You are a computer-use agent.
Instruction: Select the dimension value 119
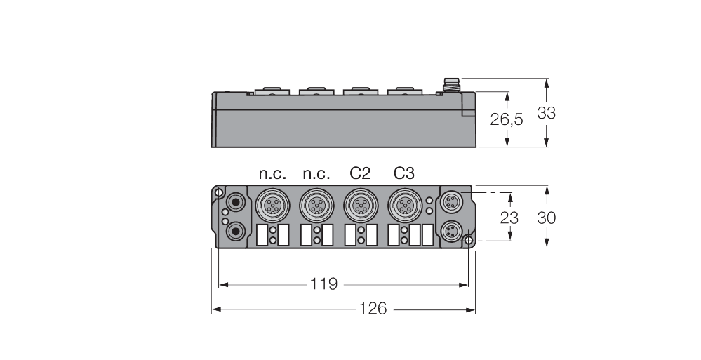click(x=324, y=284)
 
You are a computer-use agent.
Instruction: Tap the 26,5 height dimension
click(x=506, y=119)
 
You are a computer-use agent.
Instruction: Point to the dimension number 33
click(x=545, y=112)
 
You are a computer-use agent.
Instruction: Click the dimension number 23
click(x=509, y=217)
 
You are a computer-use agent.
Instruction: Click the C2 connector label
click(x=360, y=173)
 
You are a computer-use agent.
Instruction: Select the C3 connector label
click(x=404, y=173)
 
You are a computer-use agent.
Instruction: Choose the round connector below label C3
click(x=403, y=205)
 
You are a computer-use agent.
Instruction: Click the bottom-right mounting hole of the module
click(x=468, y=241)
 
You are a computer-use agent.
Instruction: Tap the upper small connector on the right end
click(x=449, y=202)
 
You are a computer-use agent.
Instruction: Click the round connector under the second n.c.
click(x=314, y=205)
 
